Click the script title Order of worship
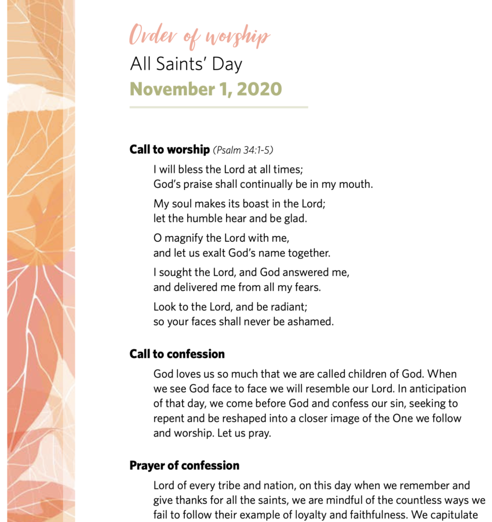coord(199,36)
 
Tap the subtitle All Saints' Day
coord(185,64)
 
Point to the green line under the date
coord(218,107)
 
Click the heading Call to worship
coord(169,150)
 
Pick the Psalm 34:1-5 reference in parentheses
coord(243,150)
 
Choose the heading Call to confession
coord(177,354)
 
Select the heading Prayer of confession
coord(184,466)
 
